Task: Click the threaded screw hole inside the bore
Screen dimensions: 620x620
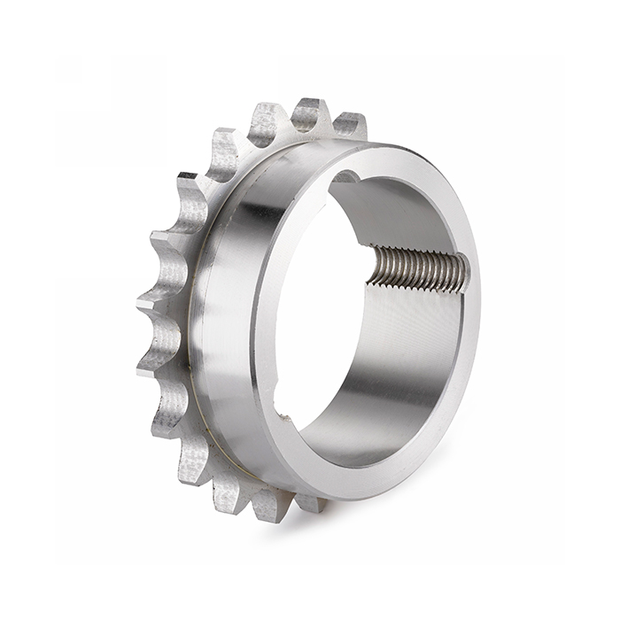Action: click(x=416, y=268)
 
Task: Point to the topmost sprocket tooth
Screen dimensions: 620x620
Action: click(x=310, y=112)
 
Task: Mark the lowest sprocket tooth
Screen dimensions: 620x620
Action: click(x=266, y=505)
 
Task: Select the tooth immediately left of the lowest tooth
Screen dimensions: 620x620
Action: click(x=229, y=492)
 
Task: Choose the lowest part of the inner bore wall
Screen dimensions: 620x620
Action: click(x=354, y=443)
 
